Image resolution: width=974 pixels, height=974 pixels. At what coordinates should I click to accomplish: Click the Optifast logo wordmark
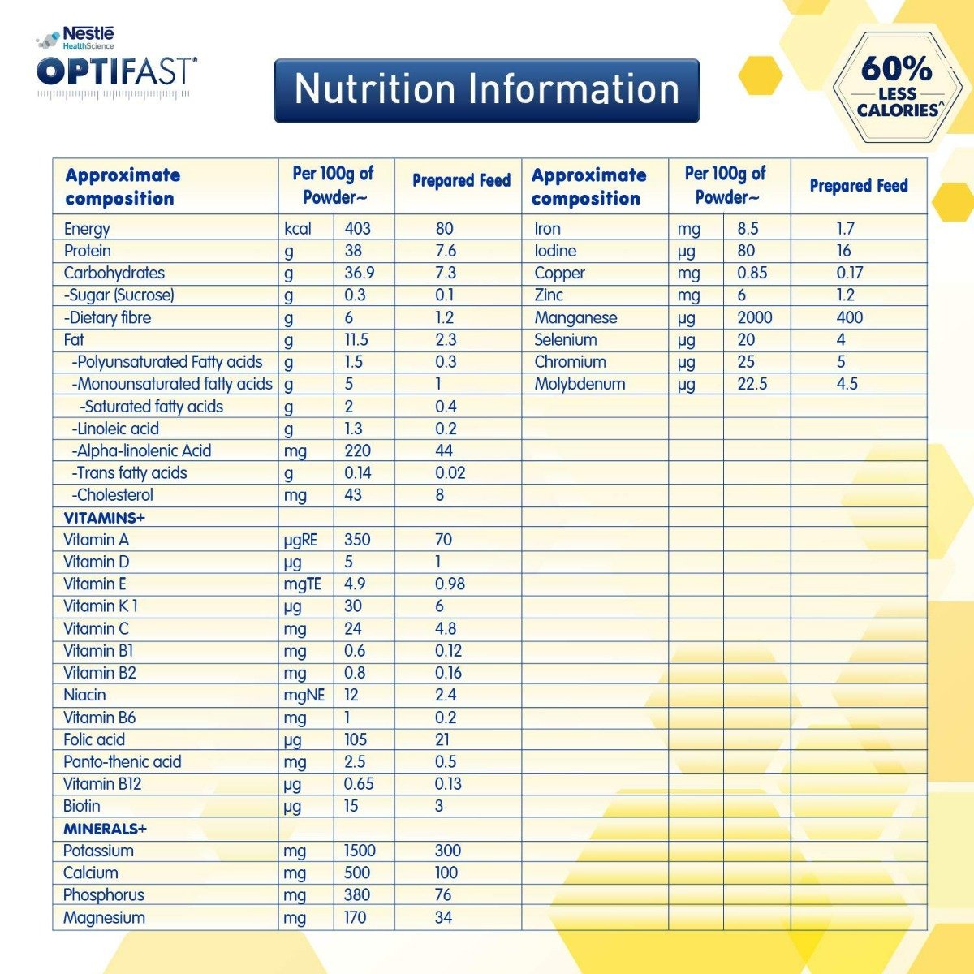click(116, 71)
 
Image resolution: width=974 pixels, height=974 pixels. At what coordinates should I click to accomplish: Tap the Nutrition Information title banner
click(486, 90)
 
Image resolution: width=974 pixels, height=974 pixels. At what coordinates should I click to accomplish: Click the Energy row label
click(87, 229)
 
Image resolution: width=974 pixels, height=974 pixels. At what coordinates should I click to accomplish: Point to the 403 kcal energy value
click(357, 229)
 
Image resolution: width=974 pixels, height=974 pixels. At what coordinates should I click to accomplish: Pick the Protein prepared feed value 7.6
click(445, 251)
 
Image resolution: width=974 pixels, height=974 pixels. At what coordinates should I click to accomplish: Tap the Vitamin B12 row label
click(101, 784)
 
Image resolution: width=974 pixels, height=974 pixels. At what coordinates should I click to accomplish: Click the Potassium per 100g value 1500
click(359, 851)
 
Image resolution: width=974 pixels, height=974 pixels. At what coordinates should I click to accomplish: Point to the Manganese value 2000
click(754, 317)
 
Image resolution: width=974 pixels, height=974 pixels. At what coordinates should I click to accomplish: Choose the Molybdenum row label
click(580, 384)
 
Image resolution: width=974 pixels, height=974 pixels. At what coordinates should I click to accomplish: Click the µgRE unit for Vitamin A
click(300, 540)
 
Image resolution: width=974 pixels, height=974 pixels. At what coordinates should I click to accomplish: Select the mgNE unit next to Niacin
click(304, 696)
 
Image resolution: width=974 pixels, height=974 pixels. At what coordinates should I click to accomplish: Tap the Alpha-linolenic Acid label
click(141, 451)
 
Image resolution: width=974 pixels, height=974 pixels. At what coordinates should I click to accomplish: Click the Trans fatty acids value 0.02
click(450, 473)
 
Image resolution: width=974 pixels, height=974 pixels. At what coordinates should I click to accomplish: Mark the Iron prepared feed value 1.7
click(845, 229)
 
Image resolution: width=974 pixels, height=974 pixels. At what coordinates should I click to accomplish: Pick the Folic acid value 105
click(356, 739)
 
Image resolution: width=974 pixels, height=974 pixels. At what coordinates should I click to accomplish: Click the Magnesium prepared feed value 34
click(444, 917)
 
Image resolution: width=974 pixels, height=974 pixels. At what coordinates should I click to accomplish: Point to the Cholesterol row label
click(112, 495)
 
